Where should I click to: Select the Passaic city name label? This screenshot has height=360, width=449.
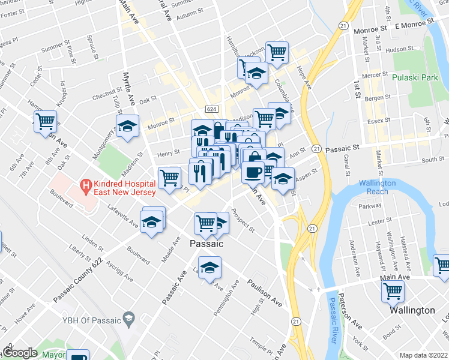pos(206,244)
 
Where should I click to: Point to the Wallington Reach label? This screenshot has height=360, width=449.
pos(377,187)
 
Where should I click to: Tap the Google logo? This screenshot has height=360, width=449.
pos(20,353)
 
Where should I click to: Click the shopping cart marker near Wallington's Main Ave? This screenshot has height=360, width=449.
pos(393,292)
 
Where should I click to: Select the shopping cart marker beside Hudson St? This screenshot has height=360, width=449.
pos(277,53)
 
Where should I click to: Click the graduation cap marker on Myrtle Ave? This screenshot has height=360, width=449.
pos(126,127)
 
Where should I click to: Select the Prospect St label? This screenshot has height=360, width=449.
pos(243,221)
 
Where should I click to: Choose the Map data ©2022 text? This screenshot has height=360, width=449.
pos(423,355)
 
